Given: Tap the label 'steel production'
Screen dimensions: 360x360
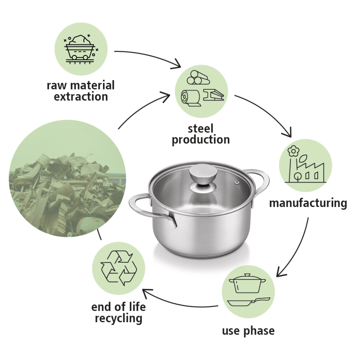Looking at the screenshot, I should click(201, 134).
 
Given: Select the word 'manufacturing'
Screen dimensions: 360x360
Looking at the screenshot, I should click(308, 203).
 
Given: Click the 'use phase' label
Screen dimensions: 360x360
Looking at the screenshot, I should click(248, 331).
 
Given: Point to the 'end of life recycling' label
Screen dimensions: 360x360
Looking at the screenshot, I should click(118, 313).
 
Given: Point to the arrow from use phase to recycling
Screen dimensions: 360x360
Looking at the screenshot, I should click(180, 301).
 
